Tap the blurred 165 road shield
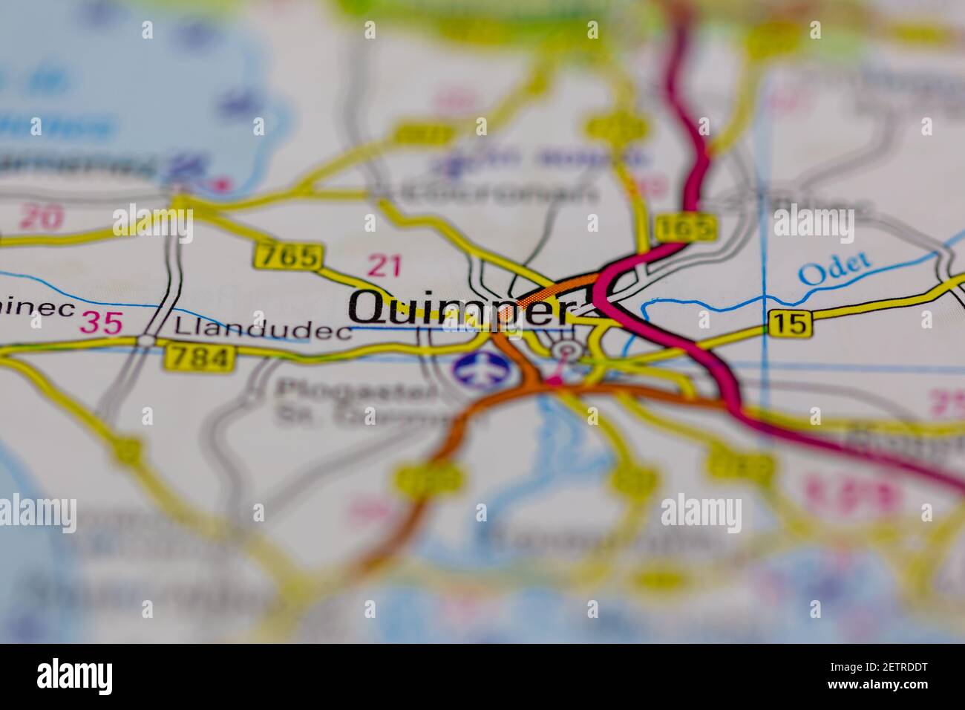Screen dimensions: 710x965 point(687,228)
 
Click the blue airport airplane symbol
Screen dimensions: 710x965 point(477,370)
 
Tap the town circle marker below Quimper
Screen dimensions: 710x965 point(568,350)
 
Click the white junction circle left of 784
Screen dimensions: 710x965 point(148,340)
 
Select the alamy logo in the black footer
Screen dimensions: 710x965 point(74,676)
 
